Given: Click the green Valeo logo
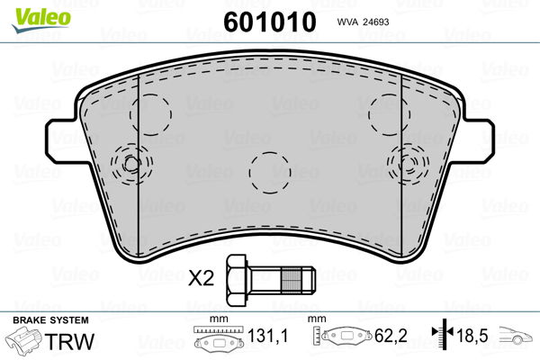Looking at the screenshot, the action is pyautogui.click(x=41, y=19).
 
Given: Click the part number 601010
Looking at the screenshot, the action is pyautogui.click(x=270, y=22).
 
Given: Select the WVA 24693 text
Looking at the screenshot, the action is pyautogui.click(x=363, y=22).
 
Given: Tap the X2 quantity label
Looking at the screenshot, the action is pyautogui.click(x=201, y=278).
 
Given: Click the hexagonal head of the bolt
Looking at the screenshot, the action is pyautogui.click(x=236, y=280).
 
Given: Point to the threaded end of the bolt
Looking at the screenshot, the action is pyautogui.click(x=298, y=280).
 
